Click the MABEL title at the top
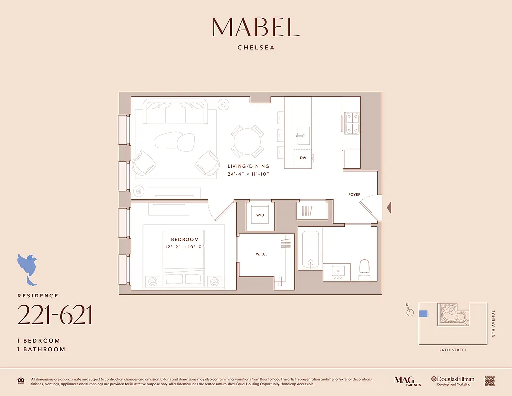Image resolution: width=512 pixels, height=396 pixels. click(256, 27)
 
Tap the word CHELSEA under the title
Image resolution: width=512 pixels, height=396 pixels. click(256, 48)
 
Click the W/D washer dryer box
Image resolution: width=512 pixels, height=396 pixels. click(260, 216)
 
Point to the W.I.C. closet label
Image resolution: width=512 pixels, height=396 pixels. click(261, 254)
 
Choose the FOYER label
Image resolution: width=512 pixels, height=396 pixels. click(354, 195)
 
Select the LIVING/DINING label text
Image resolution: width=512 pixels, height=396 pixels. click(248, 166)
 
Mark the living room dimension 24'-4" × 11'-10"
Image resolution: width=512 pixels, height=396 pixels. click(248, 174)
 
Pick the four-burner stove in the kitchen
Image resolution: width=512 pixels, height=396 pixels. click(352, 123)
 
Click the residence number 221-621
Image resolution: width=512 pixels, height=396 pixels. click(55, 315)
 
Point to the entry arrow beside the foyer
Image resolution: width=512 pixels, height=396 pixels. click(389, 207)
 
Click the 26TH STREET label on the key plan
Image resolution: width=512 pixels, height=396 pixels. click(452, 350)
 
